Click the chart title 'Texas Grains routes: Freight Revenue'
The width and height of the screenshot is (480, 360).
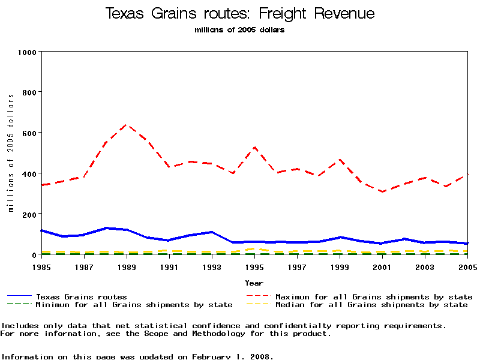coord(239,14)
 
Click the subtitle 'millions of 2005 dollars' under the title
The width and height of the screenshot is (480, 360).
coord(239,30)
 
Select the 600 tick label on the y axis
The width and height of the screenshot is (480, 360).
coord(29,133)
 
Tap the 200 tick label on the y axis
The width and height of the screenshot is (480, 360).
coord(29,214)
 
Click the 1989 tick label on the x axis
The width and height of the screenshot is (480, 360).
coord(126,266)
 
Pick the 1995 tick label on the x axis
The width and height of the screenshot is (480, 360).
coord(255,266)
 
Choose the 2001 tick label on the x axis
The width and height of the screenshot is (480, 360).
coord(383,266)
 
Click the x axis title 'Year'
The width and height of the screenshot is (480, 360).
coord(254,283)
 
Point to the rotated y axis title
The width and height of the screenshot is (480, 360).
coord(11,152)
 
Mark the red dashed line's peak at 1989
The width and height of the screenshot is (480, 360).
coord(127,124)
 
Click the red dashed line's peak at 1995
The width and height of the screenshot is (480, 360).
coord(255,147)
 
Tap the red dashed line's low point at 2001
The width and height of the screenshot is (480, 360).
coord(383,192)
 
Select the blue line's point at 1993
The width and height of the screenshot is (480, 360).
coord(212,232)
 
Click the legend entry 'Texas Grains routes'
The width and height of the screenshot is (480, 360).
coord(81,296)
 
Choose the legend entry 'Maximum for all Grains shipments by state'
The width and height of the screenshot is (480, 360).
coord(373,296)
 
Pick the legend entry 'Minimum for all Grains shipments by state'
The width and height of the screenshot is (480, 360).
coord(133,305)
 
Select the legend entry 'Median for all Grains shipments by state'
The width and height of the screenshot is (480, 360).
coord(371,305)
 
